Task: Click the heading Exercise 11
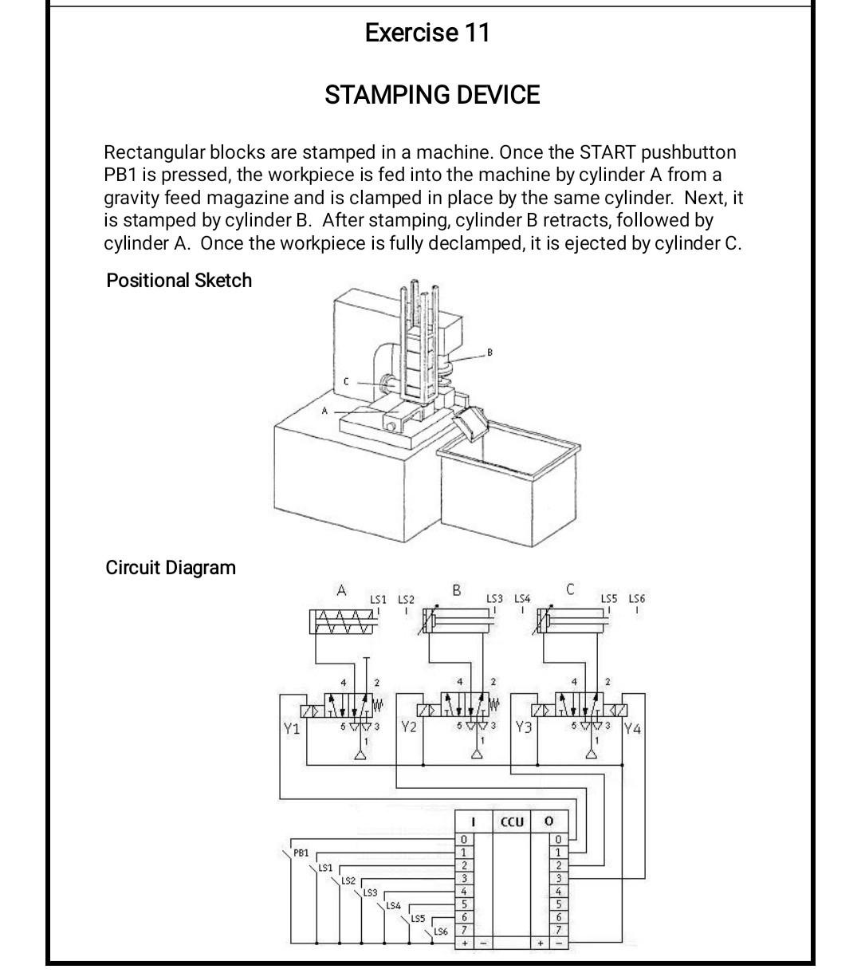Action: (427, 33)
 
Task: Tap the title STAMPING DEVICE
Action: (432, 95)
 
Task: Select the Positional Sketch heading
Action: (179, 280)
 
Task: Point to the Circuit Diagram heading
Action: (171, 568)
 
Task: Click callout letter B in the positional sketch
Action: (489, 353)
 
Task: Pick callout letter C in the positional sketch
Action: (346, 381)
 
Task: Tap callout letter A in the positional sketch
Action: (324, 411)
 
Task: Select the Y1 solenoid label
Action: (292, 728)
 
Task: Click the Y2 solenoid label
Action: (409, 727)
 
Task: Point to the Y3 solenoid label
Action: (524, 727)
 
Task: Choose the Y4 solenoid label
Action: (633, 728)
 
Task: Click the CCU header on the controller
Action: (512, 822)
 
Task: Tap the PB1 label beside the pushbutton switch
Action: (301, 853)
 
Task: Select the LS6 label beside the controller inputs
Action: (441, 932)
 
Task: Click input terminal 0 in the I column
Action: (464, 840)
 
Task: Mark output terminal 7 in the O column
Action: (559, 929)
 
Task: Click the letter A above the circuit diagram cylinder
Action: (341, 589)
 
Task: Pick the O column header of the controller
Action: (549, 821)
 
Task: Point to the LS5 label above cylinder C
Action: (609, 598)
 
